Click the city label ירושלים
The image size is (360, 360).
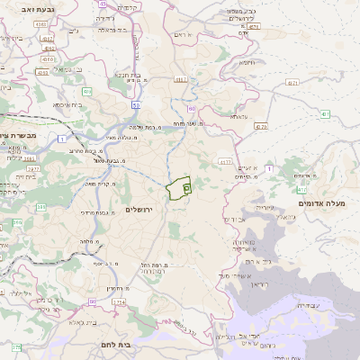point(141,209)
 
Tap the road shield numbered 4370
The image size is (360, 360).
point(260,127)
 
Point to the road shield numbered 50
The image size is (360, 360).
point(135,105)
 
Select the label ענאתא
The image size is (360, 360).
point(238,117)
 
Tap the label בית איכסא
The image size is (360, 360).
point(67,104)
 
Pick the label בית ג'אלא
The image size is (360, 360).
point(76,321)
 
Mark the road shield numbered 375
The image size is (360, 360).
point(15,346)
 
